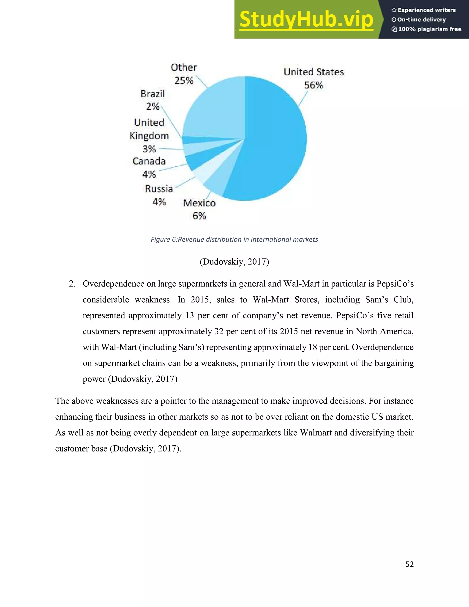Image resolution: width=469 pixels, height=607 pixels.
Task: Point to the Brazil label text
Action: click(x=153, y=94)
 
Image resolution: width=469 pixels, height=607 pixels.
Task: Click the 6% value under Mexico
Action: click(x=199, y=216)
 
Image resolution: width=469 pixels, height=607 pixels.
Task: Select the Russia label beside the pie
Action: click(x=159, y=189)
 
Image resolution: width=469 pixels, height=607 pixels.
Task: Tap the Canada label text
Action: click(x=149, y=161)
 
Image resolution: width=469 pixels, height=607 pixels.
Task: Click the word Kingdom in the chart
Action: click(x=149, y=136)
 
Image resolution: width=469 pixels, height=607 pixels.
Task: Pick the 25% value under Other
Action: click(x=184, y=81)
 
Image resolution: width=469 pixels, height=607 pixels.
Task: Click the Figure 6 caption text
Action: click(x=234, y=240)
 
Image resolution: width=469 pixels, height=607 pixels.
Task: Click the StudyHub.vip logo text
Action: click(x=306, y=19)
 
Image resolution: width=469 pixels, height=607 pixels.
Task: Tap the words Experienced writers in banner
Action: click(x=426, y=10)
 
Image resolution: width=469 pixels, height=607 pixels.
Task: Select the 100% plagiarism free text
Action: click(x=430, y=29)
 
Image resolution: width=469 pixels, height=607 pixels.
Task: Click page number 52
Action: click(x=409, y=564)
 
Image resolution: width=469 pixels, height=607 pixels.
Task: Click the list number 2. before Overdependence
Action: click(x=72, y=284)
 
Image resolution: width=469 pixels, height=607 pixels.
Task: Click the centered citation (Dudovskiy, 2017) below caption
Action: click(x=234, y=262)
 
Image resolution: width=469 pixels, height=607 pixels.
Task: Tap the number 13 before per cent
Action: click(x=190, y=316)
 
